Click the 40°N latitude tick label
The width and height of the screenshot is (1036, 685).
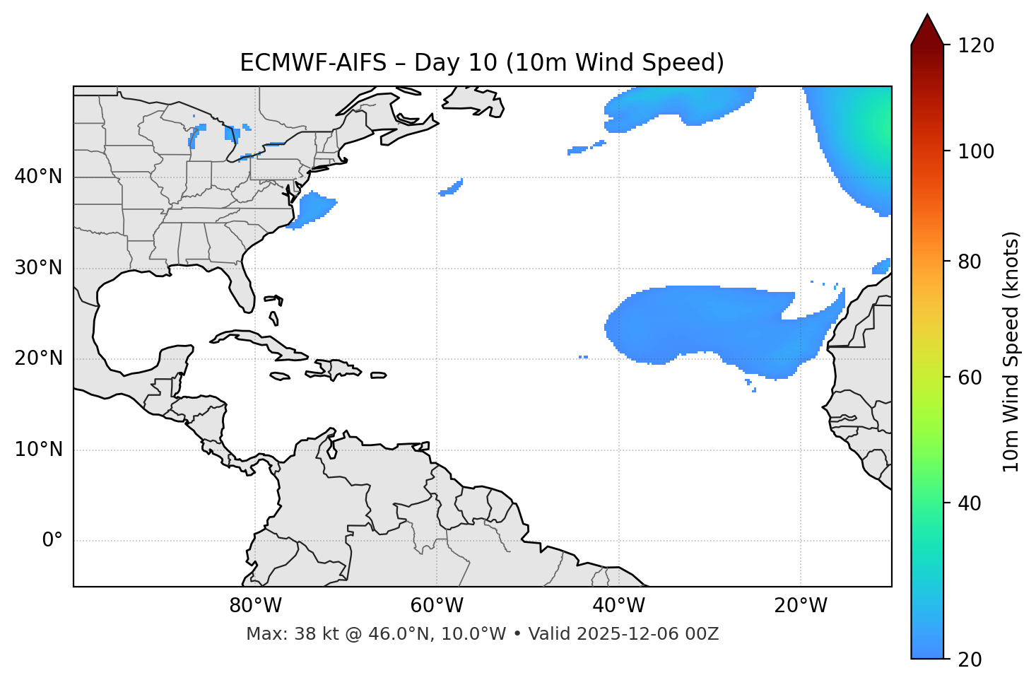(x=38, y=177)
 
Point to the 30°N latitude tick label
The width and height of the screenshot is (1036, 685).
(x=38, y=268)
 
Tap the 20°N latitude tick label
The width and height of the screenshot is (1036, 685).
(x=38, y=358)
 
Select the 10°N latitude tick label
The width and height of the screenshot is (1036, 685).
(x=38, y=450)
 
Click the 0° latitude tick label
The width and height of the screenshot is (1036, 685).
(x=52, y=541)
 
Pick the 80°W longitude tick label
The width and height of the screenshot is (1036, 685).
(x=255, y=606)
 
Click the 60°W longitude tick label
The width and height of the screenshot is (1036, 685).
(x=437, y=606)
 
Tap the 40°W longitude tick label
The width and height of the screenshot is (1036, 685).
(x=618, y=606)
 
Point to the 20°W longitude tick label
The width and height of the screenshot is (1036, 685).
(x=801, y=606)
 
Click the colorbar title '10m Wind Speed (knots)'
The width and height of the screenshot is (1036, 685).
(x=1011, y=351)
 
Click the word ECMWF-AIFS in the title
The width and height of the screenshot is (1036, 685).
(x=313, y=63)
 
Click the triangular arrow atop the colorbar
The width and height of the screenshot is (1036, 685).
(x=927, y=30)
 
